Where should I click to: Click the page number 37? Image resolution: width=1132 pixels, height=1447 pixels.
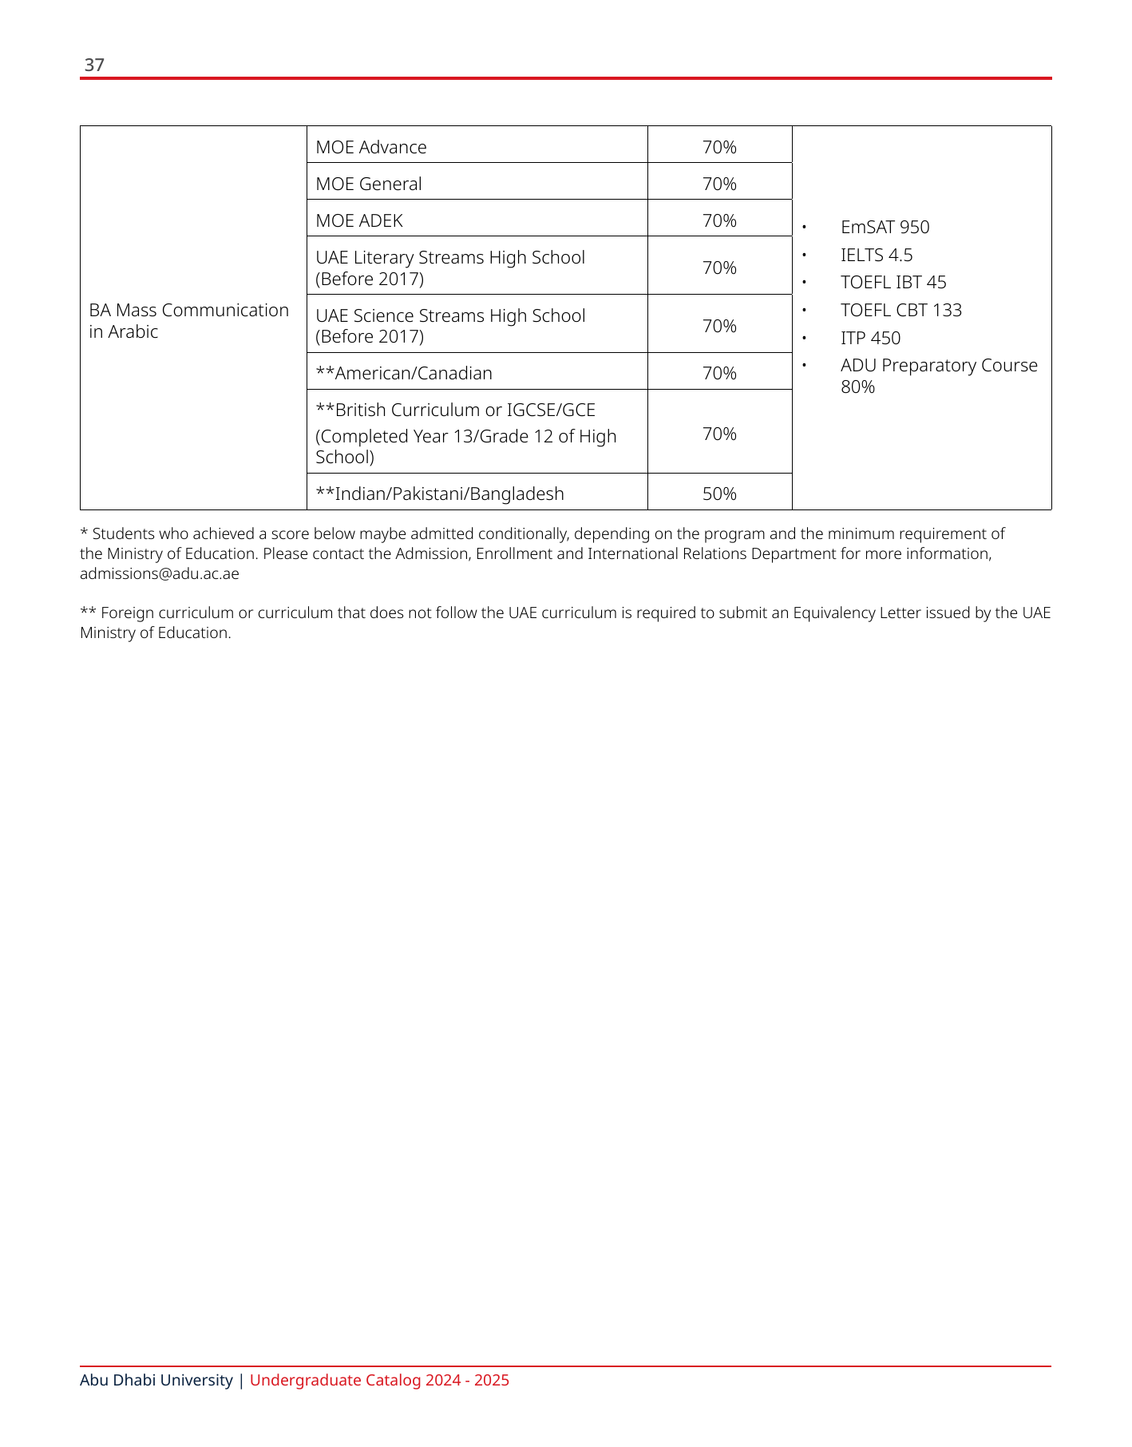pos(94,65)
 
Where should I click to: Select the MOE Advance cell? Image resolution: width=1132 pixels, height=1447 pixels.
pos(371,147)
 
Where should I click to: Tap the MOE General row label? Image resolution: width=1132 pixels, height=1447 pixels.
pos(369,184)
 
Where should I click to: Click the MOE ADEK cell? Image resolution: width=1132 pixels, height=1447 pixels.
pos(359,220)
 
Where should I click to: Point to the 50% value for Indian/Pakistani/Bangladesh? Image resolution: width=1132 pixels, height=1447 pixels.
pos(719,494)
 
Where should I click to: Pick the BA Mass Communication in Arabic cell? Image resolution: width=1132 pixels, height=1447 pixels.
pos(188,320)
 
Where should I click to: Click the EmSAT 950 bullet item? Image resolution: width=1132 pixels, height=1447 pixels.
pos(885,227)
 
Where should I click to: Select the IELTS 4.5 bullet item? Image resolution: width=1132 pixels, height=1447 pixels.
pos(876,255)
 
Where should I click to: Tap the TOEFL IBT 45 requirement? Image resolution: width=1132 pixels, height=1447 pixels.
pos(893,282)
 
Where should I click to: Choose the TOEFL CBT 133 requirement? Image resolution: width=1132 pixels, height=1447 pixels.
pos(900,310)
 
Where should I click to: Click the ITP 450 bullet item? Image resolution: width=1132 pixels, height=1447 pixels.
pos(870,338)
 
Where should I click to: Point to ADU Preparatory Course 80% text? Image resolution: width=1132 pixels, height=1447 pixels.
pos(938,375)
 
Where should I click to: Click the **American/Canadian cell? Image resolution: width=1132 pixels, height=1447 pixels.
pos(404,373)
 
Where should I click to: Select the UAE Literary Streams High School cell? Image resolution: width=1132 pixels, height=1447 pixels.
pos(450,268)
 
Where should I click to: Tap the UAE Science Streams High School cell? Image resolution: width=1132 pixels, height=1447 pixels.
pos(450,326)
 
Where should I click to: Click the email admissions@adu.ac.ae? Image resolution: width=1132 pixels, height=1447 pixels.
pos(159,573)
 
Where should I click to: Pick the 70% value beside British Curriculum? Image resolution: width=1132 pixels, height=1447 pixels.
pos(719,434)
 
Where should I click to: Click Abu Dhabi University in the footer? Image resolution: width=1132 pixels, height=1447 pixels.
pos(156,1380)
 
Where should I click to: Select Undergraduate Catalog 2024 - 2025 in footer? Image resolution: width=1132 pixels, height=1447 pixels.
pos(379,1380)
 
